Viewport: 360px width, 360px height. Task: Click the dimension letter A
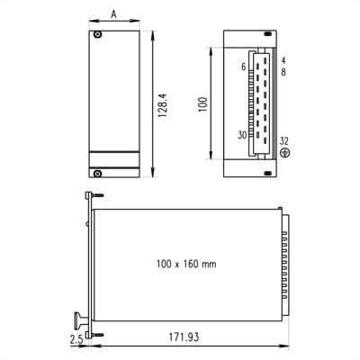pyautogui.click(x=112, y=13)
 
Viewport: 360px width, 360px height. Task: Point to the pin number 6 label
pyautogui.click(x=242, y=67)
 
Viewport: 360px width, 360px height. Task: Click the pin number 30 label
pyautogui.click(x=241, y=135)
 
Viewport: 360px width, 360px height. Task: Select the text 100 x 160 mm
pyautogui.click(x=186, y=264)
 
